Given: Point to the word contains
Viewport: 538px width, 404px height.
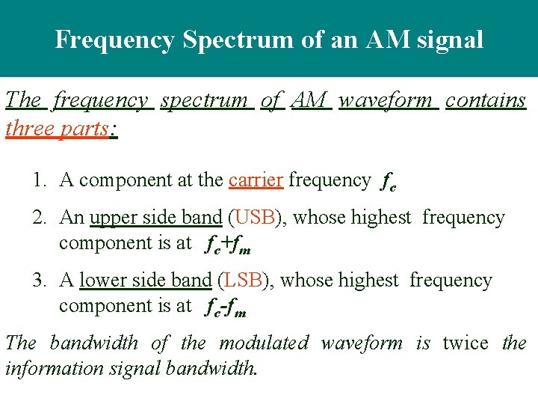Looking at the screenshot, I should point(486,100).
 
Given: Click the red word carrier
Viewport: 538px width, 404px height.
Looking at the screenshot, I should point(256,180).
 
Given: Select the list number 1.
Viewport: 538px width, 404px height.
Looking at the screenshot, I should point(38,180).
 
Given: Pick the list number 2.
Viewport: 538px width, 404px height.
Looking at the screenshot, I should point(38,217).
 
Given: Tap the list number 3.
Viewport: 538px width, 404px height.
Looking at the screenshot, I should point(38,280).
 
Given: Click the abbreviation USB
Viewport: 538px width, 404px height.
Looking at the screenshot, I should point(256,217).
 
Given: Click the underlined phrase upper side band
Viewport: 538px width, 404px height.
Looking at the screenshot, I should point(155,217).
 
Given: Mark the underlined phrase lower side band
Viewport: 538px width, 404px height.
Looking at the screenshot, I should point(146,280).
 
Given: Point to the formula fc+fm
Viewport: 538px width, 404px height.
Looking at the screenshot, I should point(227,243).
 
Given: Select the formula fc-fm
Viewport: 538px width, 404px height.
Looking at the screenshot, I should point(226,306).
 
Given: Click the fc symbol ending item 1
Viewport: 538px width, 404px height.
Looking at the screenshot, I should point(389,180).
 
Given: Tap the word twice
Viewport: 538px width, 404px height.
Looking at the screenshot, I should point(465,343).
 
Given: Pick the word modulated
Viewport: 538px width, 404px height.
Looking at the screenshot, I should point(264,343).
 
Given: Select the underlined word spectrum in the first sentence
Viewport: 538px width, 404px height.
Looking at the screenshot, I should point(204,100).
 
